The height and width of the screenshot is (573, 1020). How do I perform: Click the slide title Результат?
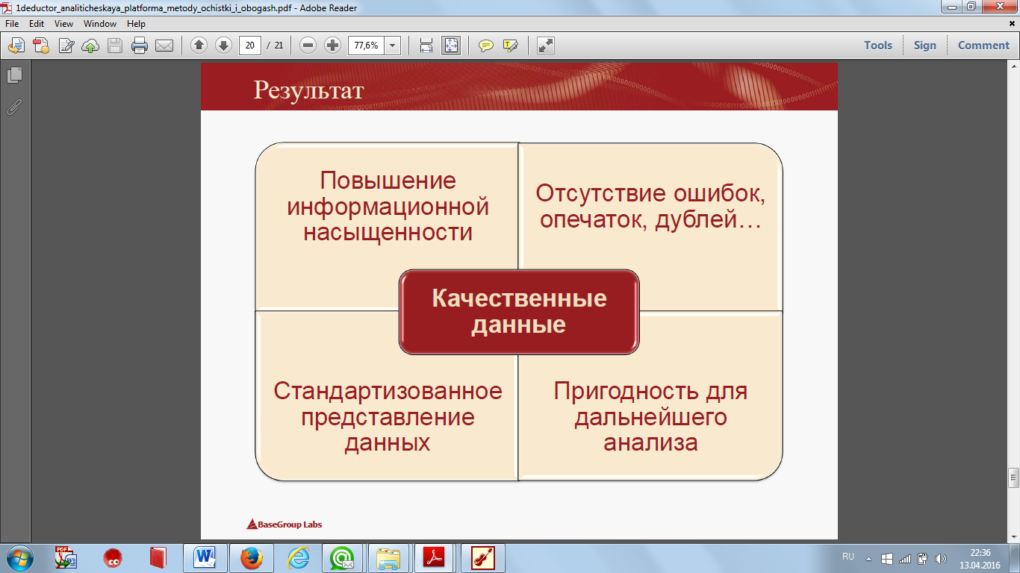click(x=308, y=90)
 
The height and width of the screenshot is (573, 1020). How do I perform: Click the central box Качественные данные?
click(x=519, y=312)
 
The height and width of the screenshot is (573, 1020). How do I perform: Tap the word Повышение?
click(x=388, y=181)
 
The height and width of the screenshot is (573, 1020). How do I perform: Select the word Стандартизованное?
click(x=388, y=391)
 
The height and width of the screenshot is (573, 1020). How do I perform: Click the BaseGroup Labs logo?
click(x=284, y=525)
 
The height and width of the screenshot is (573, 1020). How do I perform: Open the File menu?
click(x=12, y=24)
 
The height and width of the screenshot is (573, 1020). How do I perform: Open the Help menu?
click(x=136, y=24)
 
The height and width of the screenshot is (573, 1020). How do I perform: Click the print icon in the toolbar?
click(x=140, y=46)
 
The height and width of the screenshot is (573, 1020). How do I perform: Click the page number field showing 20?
click(x=249, y=46)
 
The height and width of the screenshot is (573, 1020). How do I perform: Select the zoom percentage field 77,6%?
click(x=366, y=46)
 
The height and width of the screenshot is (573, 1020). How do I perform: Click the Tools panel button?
click(x=878, y=46)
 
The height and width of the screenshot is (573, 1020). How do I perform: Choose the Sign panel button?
click(x=925, y=46)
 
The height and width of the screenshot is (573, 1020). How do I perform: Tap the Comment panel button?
click(x=983, y=46)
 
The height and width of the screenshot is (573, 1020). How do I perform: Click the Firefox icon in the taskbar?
click(x=251, y=558)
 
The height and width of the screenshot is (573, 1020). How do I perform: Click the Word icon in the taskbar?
click(x=205, y=557)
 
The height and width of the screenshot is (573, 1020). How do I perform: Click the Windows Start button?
click(x=20, y=558)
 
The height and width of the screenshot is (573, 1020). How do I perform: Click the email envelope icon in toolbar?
click(x=164, y=46)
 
